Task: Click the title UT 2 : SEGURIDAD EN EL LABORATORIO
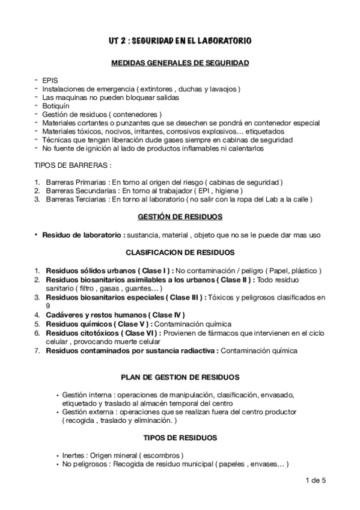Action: (180, 41)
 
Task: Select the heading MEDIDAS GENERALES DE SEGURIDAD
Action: (180, 63)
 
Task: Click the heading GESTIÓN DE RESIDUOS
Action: (180, 217)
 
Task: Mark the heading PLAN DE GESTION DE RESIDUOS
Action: (180, 377)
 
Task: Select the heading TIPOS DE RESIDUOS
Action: (180, 437)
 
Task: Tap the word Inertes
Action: (75, 455)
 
